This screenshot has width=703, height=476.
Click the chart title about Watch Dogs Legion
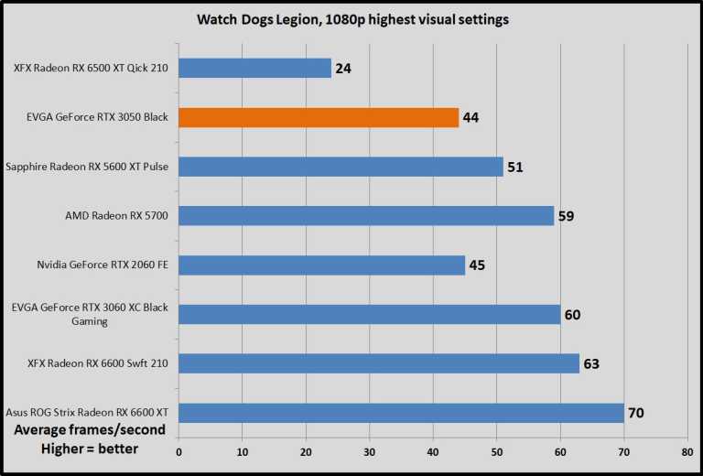click(351, 18)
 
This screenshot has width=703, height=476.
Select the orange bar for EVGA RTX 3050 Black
click(319, 117)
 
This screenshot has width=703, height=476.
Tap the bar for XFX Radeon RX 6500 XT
click(254, 68)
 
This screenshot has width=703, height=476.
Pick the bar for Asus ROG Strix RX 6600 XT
click(401, 413)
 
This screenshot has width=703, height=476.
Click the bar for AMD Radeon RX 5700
click(366, 216)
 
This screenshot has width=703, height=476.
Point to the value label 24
click(344, 68)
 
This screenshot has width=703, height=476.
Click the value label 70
click(637, 413)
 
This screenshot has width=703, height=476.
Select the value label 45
click(476, 265)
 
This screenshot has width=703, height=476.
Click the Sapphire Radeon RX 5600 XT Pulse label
click(87, 167)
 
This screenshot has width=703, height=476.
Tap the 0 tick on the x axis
click(178, 451)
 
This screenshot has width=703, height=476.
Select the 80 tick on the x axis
click(687, 451)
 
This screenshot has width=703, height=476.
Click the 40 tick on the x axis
click(432, 451)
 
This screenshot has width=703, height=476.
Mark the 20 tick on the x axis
click(306, 451)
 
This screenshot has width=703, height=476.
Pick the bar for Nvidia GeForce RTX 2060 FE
click(321, 265)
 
